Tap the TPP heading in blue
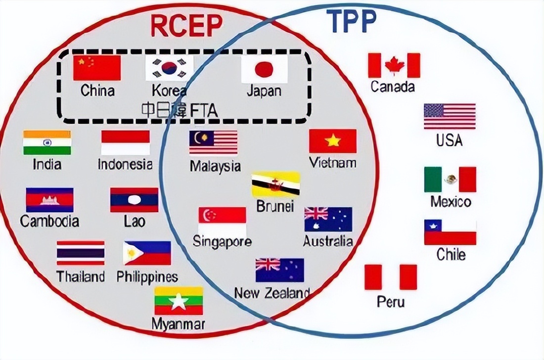point(352,21)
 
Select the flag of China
point(97,68)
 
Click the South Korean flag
point(169,68)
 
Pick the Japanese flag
point(264,69)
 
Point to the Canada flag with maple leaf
point(394,65)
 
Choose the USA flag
point(450,116)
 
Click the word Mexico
point(451,202)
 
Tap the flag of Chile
point(450,232)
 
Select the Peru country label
point(391,301)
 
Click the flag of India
point(47,142)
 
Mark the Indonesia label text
point(125,164)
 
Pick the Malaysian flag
point(213,142)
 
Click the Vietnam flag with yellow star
point(333,141)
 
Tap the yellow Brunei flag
point(275,184)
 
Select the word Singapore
point(222,242)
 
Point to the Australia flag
point(328,220)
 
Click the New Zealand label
point(272,293)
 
